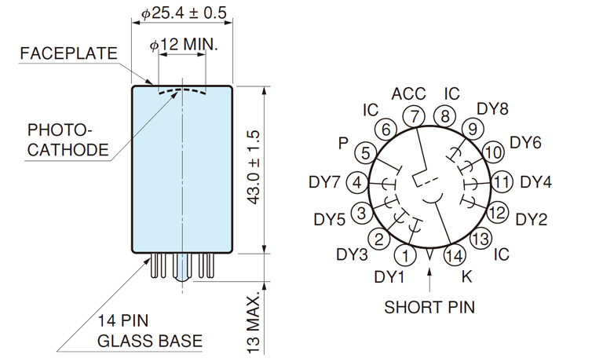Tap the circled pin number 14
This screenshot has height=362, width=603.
click(x=453, y=254)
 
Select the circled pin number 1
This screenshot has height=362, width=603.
click(x=405, y=254)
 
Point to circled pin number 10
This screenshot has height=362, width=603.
click(x=493, y=152)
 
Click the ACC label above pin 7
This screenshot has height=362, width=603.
click(x=409, y=94)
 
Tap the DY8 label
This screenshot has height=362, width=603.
click(x=493, y=108)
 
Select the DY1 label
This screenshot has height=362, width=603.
click(x=389, y=276)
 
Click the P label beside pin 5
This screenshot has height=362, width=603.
click(x=342, y=143)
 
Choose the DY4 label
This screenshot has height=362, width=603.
click(x=536, y=182)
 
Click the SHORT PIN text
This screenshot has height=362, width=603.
click(x=429, y=306)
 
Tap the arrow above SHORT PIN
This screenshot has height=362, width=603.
click(x=429, y=277)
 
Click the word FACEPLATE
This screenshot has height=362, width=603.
click(x=69, y=54)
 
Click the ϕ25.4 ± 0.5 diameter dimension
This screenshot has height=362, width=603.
click(x=183, y=14)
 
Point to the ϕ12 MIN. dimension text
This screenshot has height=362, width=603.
click(x=183, y=45)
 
